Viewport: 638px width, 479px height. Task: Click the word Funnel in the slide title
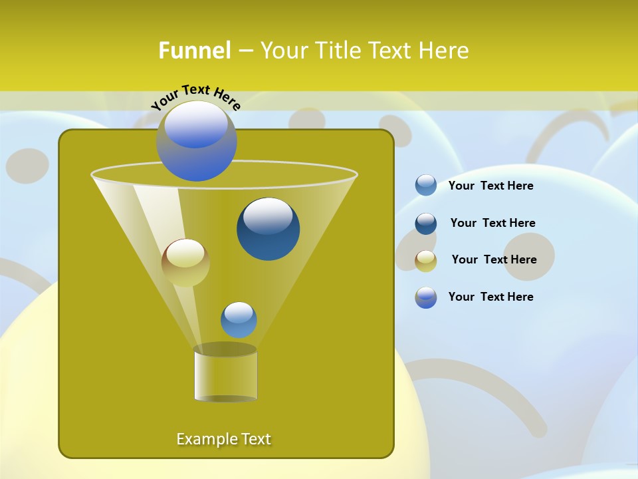tap(194, 51)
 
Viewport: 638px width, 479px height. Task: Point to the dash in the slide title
tap(245, 51)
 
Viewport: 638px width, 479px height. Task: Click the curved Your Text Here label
tap(195, 96)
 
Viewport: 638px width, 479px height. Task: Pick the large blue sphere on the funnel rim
tap(196, 140)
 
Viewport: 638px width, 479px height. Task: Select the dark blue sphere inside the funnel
tap(268, 228)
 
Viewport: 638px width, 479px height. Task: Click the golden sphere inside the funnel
tap(185, 262)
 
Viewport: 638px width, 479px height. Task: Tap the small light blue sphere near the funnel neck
tap(239, 319)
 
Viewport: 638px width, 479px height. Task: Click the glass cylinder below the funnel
tap(225, 374)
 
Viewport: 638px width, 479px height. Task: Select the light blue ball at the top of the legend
tap(426, 185)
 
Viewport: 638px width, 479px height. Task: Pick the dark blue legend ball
tap(426, 223)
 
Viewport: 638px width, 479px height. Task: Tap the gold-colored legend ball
tap(426, 260)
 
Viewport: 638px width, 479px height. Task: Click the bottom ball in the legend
tap(426, 297)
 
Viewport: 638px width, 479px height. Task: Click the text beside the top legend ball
tap(490, 186)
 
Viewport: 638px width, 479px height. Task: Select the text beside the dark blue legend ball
tap(492, 223)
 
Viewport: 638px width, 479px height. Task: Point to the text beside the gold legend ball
tap(494, 259)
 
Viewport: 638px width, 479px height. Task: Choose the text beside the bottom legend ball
tap(490, 297)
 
